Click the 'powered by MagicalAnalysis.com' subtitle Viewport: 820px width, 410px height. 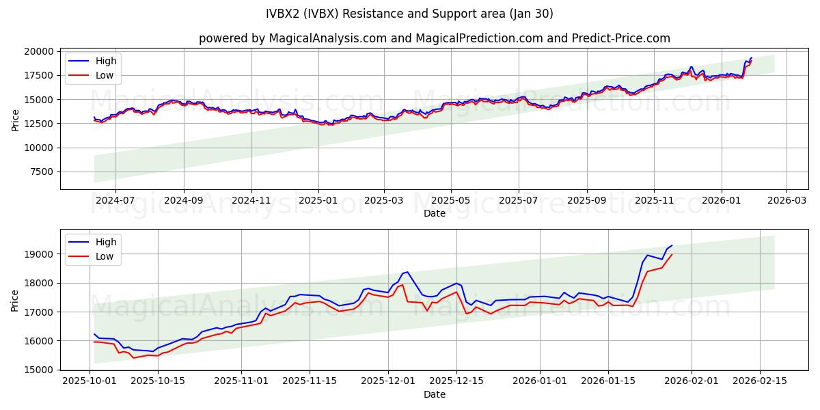pyautogui.click(x=434, y=38)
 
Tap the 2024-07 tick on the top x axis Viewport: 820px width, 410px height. pyautogui.click(x=114, y=202)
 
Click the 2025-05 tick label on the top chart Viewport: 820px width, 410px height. pyautogui.click(x=450, y=202)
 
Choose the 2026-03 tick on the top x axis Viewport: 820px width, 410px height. pyautogui.click(x=786, y=202)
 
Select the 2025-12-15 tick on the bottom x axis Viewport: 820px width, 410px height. pyautogui.click(x=455, y=381)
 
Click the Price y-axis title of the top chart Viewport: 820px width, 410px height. pyautogui.click(x=16, y=120)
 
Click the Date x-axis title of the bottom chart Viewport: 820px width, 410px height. pyautogui.click(x=434, y=394)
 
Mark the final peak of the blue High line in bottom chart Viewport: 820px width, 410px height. pyautogui.click(x=672, y=245)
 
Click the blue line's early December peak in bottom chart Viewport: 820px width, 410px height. pyautogui.click(x=407, y=271)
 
